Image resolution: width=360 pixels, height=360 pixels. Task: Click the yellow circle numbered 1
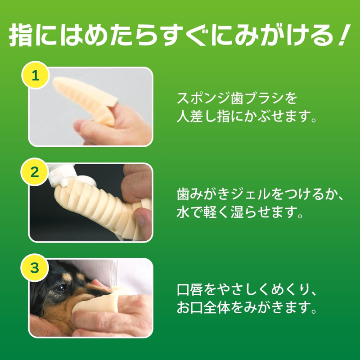[x=36, y=75]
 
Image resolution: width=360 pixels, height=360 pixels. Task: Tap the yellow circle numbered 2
[x=35, y=172]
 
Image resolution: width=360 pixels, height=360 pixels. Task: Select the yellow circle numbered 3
[x=35, y=268]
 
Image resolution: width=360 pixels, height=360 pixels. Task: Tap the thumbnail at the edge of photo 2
[x=140, y=218]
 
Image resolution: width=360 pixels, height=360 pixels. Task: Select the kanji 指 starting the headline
[x=21, y=35]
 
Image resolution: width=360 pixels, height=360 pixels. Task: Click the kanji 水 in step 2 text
[x=183, y=212]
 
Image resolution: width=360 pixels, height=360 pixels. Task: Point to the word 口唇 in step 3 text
[x=190, y=290]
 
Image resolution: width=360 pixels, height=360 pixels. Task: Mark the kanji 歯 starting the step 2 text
[x=183, y=194]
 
